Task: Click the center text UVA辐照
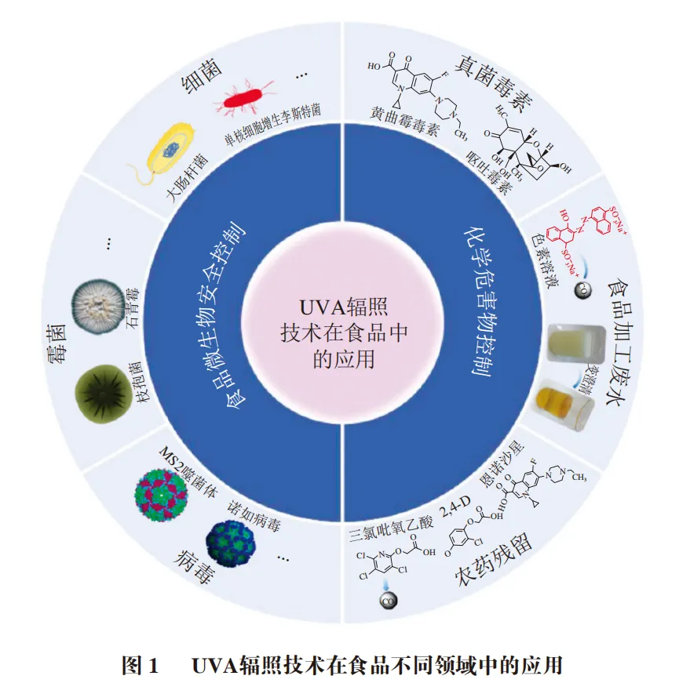coord(345,306)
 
